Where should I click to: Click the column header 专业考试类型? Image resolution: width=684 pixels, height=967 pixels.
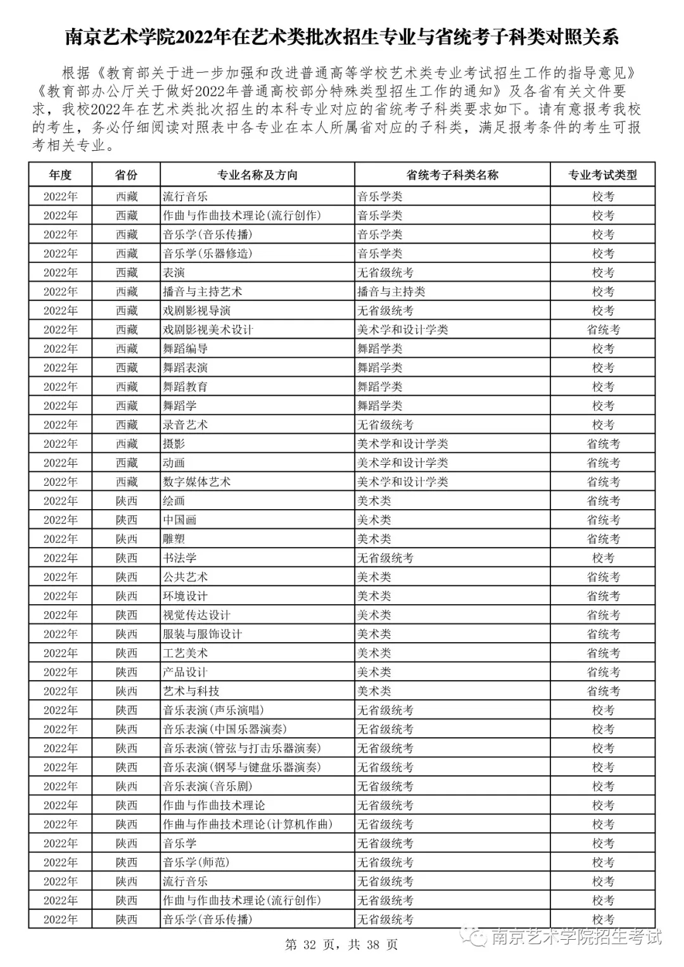[x=602, y=175]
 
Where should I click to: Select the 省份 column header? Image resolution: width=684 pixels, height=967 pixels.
[x=126, y=175]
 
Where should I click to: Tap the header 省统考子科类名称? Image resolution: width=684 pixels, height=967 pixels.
[x=452, y=175]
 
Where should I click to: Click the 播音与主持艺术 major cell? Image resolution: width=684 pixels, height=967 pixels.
[x=202, y=291]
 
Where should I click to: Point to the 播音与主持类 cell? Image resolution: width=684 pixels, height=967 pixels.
[x=391, y=291]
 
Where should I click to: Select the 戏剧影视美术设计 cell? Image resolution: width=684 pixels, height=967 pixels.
[x=208, y=329]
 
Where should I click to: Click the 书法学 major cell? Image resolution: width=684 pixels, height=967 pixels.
[x=180, y=558]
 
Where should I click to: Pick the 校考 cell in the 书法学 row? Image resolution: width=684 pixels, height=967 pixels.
[x=602, y=558]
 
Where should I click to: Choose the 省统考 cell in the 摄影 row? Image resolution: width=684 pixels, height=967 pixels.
[x=602, y=444]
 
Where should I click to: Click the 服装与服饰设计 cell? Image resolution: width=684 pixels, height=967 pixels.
[x=202, y=634]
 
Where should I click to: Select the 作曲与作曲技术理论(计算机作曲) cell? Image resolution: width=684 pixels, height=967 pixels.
[x=248, y=824]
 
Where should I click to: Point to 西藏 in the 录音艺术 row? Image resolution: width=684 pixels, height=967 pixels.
[x=126, y=425]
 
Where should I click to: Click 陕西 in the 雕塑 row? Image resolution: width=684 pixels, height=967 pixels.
[x=126, y=539]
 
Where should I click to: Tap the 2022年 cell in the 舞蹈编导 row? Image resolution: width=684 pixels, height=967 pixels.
[x=60, y=349]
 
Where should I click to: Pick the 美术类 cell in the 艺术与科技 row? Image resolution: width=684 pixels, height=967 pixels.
[x=374, y=691]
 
